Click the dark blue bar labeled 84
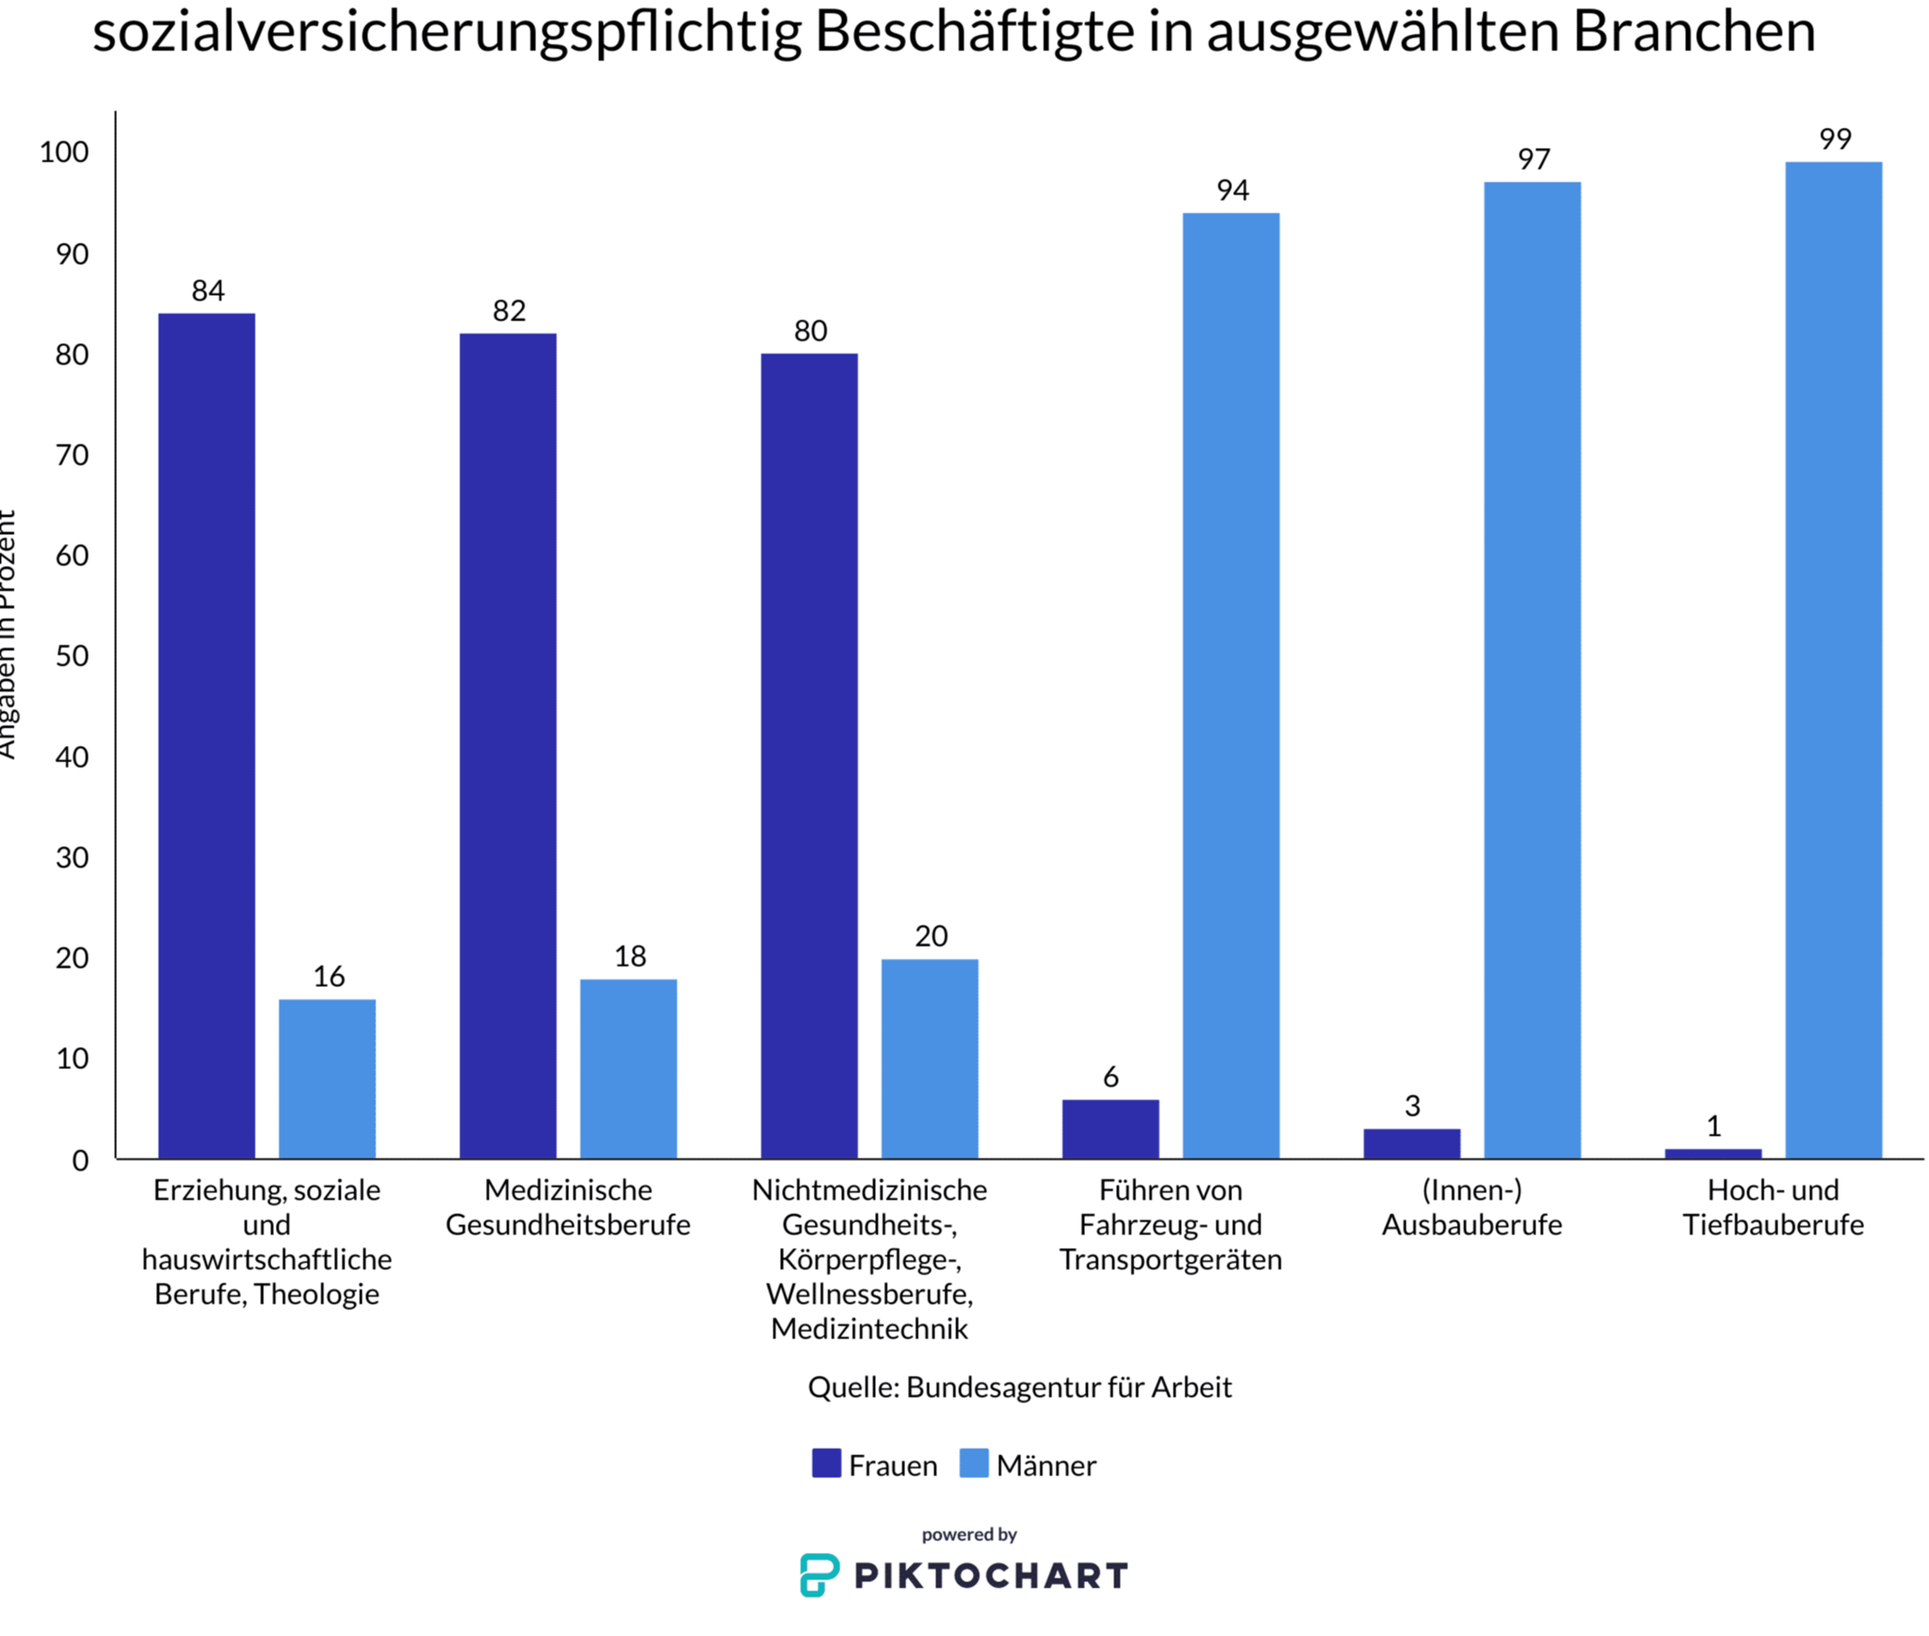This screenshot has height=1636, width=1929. click(x=206, y=735)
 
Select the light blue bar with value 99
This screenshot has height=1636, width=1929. click(x=1832, y=659)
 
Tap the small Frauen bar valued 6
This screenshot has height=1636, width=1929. click(x=1110, y=1127)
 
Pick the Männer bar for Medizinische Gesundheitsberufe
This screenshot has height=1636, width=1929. click(x=627, y=1068)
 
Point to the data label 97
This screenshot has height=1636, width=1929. click(x=1532, y=159)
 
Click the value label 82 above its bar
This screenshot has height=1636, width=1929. click(x=509, y=311)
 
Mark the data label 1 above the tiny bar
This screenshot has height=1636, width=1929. click(x=1713, y=1126)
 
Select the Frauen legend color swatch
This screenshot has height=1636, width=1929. click(x=825, y=1463)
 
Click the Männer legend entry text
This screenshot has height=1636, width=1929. click(x=1046, y=1466)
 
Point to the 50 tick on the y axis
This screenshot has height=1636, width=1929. click(x=73, y=656)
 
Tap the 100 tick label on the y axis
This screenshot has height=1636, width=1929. click(x=64, y=153)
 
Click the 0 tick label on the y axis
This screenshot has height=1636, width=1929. click(x=81, y=1160)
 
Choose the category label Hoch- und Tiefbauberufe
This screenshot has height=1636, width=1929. click(x=1773, y=1207)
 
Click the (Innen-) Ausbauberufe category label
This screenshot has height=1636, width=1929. click(x=1471, y=1207)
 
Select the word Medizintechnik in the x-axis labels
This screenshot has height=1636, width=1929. click(x=868, y=1329)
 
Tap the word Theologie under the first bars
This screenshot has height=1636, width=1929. click(x=316, y=1294)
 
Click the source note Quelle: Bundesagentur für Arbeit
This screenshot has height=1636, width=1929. click(x=1019, y=1387)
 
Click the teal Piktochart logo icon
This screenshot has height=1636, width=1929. click(x=818, y=1575)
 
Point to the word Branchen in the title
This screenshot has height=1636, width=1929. click(x=1693, y=30)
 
